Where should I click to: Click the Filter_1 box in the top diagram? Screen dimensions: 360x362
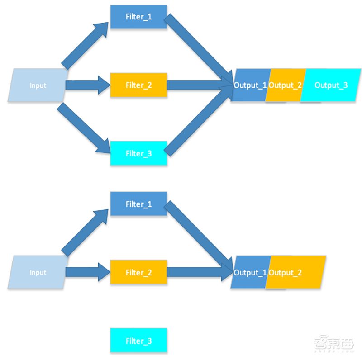click(x=138, y=17)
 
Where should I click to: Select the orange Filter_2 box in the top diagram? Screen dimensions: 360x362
click(x=138, y=85)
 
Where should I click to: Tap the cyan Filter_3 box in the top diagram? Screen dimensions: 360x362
click(x=138, y=154)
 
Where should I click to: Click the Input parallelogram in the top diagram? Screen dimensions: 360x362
click(x=38, y=85)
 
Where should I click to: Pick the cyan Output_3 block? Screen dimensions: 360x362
click(x=331, y=85)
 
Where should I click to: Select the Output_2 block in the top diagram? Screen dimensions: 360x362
click(x=284, y=85)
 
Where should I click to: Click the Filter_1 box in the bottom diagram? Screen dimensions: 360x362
click(x=138, y=204)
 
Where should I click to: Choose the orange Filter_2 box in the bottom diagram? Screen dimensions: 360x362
click(x=138, y=272)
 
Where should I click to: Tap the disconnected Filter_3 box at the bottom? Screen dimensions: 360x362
click(x=138, y=341)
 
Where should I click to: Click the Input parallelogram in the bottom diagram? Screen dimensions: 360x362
click(x=38, y=272)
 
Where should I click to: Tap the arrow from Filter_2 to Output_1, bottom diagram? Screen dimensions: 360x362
click(x=199, y=272)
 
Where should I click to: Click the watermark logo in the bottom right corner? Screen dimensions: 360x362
click(x=334, y=344)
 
